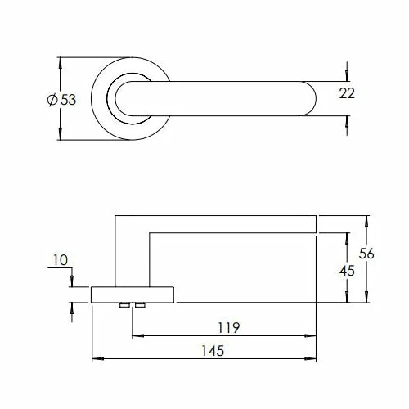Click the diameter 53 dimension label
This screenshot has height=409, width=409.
point(61,100)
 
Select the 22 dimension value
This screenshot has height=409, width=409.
point(347,93)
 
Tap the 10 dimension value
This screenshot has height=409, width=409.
point(61,260)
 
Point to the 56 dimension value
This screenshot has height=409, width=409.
point(366,254)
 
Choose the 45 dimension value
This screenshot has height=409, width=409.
point(347,271)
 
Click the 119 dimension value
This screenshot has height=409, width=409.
point(229,328)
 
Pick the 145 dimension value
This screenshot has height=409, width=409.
point(213,351)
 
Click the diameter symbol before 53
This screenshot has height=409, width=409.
point(52,100)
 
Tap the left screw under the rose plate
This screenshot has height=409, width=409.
point(124,305)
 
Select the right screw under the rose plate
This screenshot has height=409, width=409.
point(140,305)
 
